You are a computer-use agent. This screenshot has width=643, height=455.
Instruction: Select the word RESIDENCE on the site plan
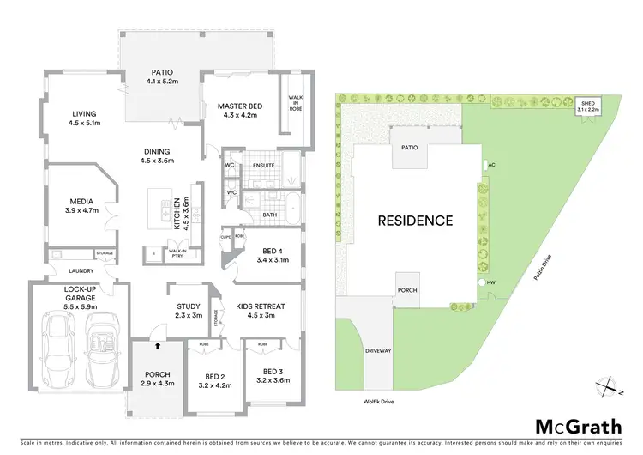[415, 221]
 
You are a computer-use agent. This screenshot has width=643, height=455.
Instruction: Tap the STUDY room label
[189, 306]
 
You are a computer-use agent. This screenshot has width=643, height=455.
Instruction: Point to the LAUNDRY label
[58, 269]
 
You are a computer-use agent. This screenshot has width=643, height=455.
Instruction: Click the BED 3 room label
[264, 371]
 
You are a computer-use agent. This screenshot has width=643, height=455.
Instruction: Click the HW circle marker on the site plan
[481, 281]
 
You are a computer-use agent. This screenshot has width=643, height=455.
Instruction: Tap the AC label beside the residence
[491, 165]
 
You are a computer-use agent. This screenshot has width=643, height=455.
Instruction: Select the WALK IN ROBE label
[295, 106]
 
